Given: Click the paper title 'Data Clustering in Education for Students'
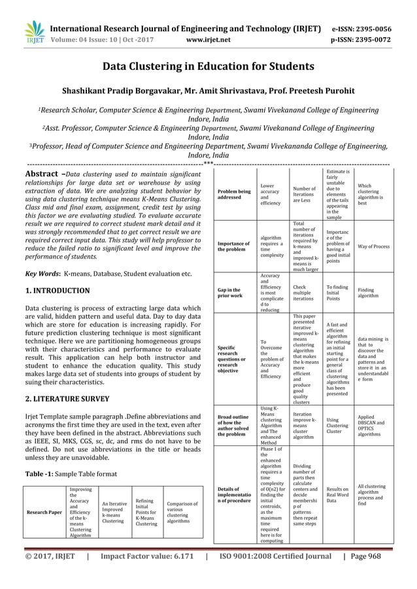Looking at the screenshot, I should [208, 66].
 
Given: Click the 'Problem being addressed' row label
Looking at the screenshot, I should [233, 194].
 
